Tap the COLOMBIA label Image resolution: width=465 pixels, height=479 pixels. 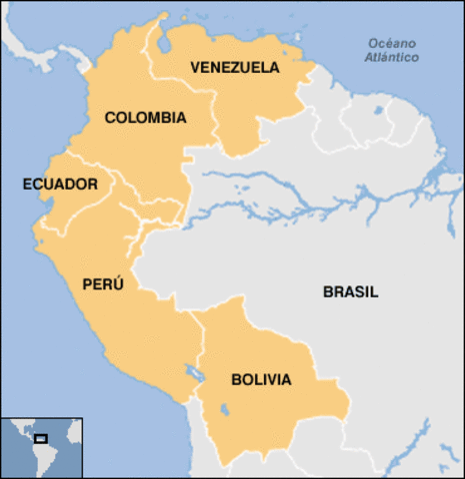(145, 118)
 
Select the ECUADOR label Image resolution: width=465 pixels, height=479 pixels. (60, 185)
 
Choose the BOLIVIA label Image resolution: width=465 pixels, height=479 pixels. (261, 379)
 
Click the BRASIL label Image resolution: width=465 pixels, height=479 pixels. (350, 292)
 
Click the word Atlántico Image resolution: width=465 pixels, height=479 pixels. (391, 58)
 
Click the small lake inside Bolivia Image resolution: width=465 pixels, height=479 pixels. (222, 409)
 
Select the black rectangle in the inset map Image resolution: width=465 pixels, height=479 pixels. (41, 437)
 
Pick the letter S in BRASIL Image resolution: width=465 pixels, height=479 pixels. (361, 292)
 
